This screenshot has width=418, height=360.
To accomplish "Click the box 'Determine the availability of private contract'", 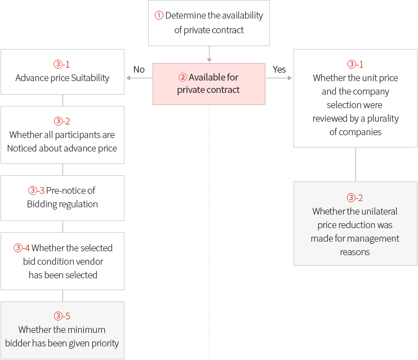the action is pyautogui.click(x=209, y=23).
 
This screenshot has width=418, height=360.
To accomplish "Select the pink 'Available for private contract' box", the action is pyautogui.click(x=209, y=84).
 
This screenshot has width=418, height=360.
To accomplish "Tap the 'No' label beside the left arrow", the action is pyautogui.click(x=139, y=70).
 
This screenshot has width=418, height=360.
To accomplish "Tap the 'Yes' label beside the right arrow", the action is pyautogui.click(x=279, y=70).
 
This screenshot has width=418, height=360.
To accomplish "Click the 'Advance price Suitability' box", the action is pyautogui.click(x=63, y=72).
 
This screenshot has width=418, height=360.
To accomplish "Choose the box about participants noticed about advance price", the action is pyautogui.click(x=63, y=135).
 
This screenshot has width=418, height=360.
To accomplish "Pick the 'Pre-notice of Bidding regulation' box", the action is pyautogui.click(x=63, y=198).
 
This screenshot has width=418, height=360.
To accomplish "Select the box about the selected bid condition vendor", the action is pyautogui.click(x=63, y=261).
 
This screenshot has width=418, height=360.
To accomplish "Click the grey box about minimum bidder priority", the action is pyautogui.click(x=63, y=330).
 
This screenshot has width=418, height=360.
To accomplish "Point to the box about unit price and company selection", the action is pyautogui.click(x=355, y=98).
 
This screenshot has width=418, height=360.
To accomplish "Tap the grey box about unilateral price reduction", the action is pyautogui.click(x=355, y=224).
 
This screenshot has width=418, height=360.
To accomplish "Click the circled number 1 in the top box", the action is pyautogui.click(x=159, y=15).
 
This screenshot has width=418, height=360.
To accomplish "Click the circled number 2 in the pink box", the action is pyautogui.click(x=183, y=77).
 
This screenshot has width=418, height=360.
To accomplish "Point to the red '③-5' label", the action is pyautogui.click(x=62, y=316).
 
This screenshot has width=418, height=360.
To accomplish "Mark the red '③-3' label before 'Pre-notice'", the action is pyautogui.click(x=36, y=190).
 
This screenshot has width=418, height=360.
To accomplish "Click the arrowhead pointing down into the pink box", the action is pyautogui.click(x=209, y=61).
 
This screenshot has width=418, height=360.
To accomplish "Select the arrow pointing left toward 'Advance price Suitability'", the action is pyautogui.click(x=139, y=78).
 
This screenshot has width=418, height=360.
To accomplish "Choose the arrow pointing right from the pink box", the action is pyautogui.click(x=279, y=78).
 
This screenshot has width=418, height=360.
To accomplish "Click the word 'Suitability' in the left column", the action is pyautogui.click(x=90, y=78).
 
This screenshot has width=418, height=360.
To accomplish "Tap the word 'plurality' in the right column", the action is pyautogui.click(x=383, y=119).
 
